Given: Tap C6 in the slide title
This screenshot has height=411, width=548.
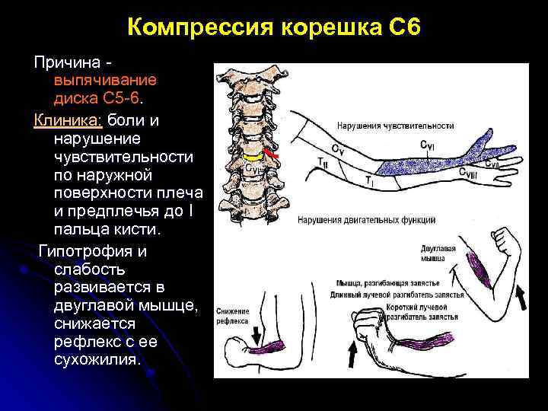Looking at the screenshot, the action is tap(402, 28).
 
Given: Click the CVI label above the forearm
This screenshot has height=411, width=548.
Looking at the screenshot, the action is tap(428, 145).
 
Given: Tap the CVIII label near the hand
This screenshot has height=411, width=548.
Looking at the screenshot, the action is tap(467, 173).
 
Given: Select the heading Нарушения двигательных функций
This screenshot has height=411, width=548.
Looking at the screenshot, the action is tap(388, 220).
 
